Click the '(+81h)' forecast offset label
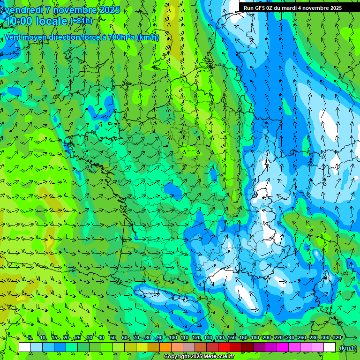(81, 21)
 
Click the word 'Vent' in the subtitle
(13, 37)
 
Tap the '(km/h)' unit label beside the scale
(347, 347)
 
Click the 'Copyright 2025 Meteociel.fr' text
(199, 357)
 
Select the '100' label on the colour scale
(173, 338)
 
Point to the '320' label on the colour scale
(337, 338)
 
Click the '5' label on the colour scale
(30, 338)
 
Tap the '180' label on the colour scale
(255, 338)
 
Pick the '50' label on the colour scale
(113, 338)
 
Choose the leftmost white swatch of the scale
(25, 347)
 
